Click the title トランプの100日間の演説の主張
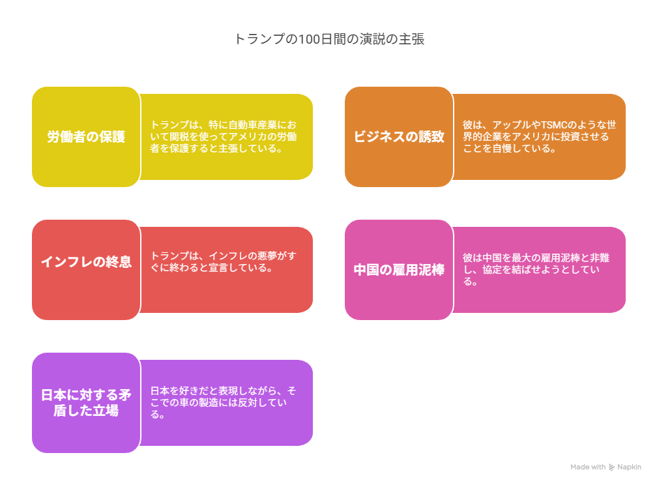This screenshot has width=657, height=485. pyautogui.click(x=329, y=39)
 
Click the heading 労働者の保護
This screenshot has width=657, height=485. pyautogui.click(x=86, y=137)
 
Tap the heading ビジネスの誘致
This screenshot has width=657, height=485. pyautogui.click(x=399, y=137)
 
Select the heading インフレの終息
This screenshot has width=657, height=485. pyautogui.click(x=86, y=262)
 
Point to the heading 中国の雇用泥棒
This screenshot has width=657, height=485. pyautogui.click(x=399, y=269)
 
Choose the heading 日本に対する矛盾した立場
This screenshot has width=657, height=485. pyautogui.click(x=86, y=402)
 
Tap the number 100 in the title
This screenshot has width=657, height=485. pyautogui.click(x=309, y=39)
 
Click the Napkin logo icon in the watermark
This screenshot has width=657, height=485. pyautogui.click(x=611, y=467)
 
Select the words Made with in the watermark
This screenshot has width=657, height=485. pyautogui.click(x=588, y=467)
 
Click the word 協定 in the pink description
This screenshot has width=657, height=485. pyautogui.click(x=492, y=269)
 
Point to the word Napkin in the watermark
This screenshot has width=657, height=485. pyautogui.click(x=629, y=467)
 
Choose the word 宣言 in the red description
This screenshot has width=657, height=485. pyautogui.click(x=218, y=267)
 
